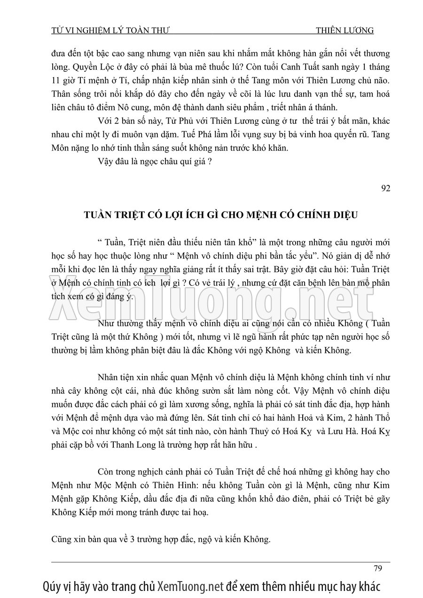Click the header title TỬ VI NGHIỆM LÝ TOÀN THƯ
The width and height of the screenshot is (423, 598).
110,31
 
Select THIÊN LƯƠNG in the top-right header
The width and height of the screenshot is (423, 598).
345,31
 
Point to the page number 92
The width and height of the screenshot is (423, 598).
385,189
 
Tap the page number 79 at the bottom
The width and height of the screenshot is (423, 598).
377,568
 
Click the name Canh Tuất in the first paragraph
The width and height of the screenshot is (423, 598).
278,66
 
